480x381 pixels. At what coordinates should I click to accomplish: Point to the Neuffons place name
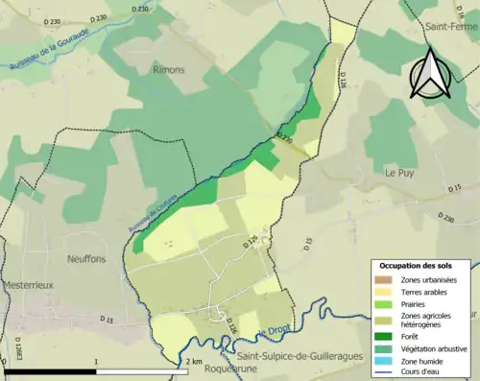pos(88,258)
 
